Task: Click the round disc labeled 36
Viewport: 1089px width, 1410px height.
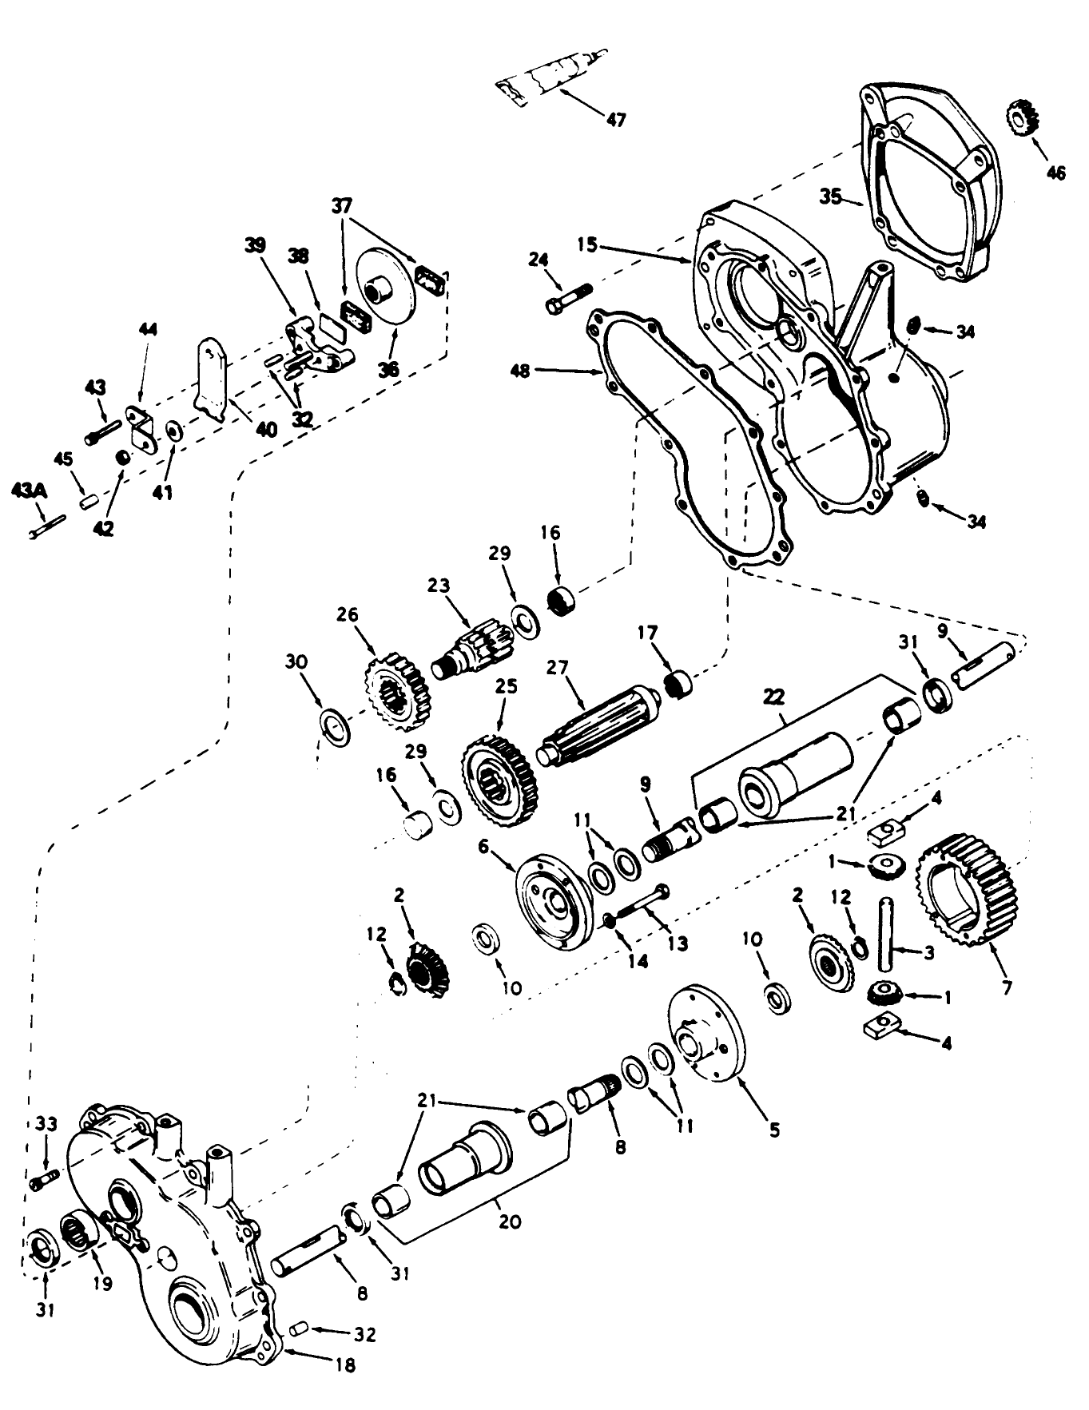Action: (385, 296)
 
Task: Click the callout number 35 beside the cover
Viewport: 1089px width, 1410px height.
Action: (831, 197)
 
